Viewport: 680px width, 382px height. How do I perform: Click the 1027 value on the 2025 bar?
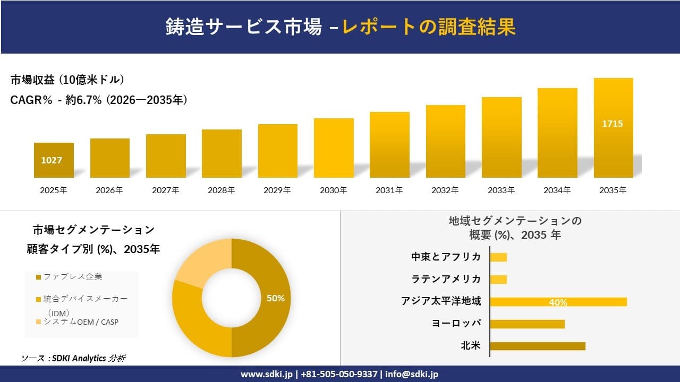[x=52, y=160]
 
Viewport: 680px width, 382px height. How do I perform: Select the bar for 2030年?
[x=334, y=149]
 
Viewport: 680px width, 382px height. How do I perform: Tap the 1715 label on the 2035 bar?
[x=612, y=124]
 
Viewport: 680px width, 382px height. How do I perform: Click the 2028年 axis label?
[x=221, y=190]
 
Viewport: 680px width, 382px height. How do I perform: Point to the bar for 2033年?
[x=501, y=138]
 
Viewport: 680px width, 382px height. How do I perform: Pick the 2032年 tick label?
[x=445, y=190]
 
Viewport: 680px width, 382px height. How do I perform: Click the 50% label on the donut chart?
[x=275, y=298]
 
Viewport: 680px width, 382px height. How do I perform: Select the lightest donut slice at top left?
[x=199, y=263]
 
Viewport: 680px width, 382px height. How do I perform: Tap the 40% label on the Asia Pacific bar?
[x=558, y=302]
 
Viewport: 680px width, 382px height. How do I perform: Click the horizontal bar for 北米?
[x=537, y=346]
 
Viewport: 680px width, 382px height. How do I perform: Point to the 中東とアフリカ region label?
[x=446, y=257]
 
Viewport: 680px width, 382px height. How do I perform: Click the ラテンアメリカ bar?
[x=498, y=279]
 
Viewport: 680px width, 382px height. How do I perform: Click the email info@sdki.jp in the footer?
[x=412, y=374]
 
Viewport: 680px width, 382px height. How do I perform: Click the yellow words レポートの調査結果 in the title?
[x=429, y=27]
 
